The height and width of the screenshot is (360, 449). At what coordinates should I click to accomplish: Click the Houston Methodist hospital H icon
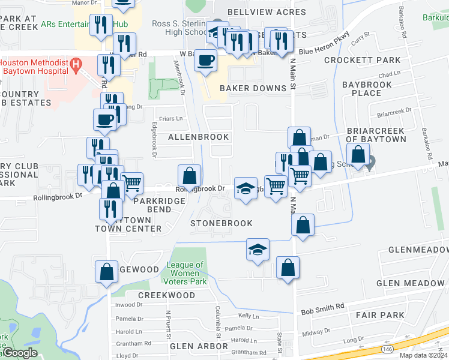(x=76, y=63)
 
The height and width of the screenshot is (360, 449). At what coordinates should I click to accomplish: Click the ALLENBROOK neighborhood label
(x=198, y=137)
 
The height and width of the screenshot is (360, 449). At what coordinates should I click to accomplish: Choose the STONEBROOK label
(x=221, y=223)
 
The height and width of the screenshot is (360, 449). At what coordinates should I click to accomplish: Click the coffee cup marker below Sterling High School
(x=206, y=61)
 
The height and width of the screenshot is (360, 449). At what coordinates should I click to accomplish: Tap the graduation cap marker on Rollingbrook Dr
(x=245, y=188)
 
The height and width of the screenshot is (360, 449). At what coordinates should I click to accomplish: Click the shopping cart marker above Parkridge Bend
(x=131, y=182)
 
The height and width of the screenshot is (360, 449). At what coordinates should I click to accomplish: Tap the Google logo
(x=19, y=353)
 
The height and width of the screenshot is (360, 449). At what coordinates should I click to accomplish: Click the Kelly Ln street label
(x=248, y=315)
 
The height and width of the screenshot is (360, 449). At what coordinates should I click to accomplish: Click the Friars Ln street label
(x=170, y=119)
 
